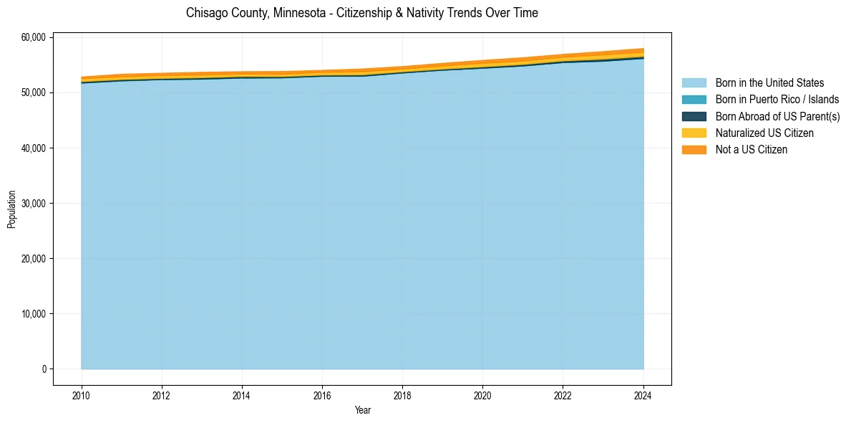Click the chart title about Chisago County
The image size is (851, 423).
[x=361, y=13]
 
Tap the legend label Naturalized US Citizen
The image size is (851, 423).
[x=764, y=133]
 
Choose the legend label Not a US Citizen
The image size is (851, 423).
[x=752, y=150]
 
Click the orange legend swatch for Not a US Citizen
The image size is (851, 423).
[x=694, y=150]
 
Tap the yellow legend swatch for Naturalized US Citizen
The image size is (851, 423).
[x=694, y=133]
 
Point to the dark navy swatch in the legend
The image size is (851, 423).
[x=694, y=116]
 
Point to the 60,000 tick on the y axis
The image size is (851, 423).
[x=34, y=37]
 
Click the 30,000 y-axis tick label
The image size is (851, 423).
[x=34, y=204]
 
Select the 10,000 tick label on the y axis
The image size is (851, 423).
[x=34, y=314]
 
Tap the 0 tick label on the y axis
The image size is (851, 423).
[x=44, y=369]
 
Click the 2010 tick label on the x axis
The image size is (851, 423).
[x=82, y=394]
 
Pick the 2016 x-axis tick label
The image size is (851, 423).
[x=322, y=394]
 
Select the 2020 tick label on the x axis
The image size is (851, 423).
[x=483, y=394]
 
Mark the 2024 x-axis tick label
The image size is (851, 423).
[x=643, y=394]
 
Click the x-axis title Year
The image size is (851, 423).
[x=362, y=410]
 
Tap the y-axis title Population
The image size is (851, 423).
[x=11, y=209]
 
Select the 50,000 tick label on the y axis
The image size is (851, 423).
[x=34, y=93]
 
